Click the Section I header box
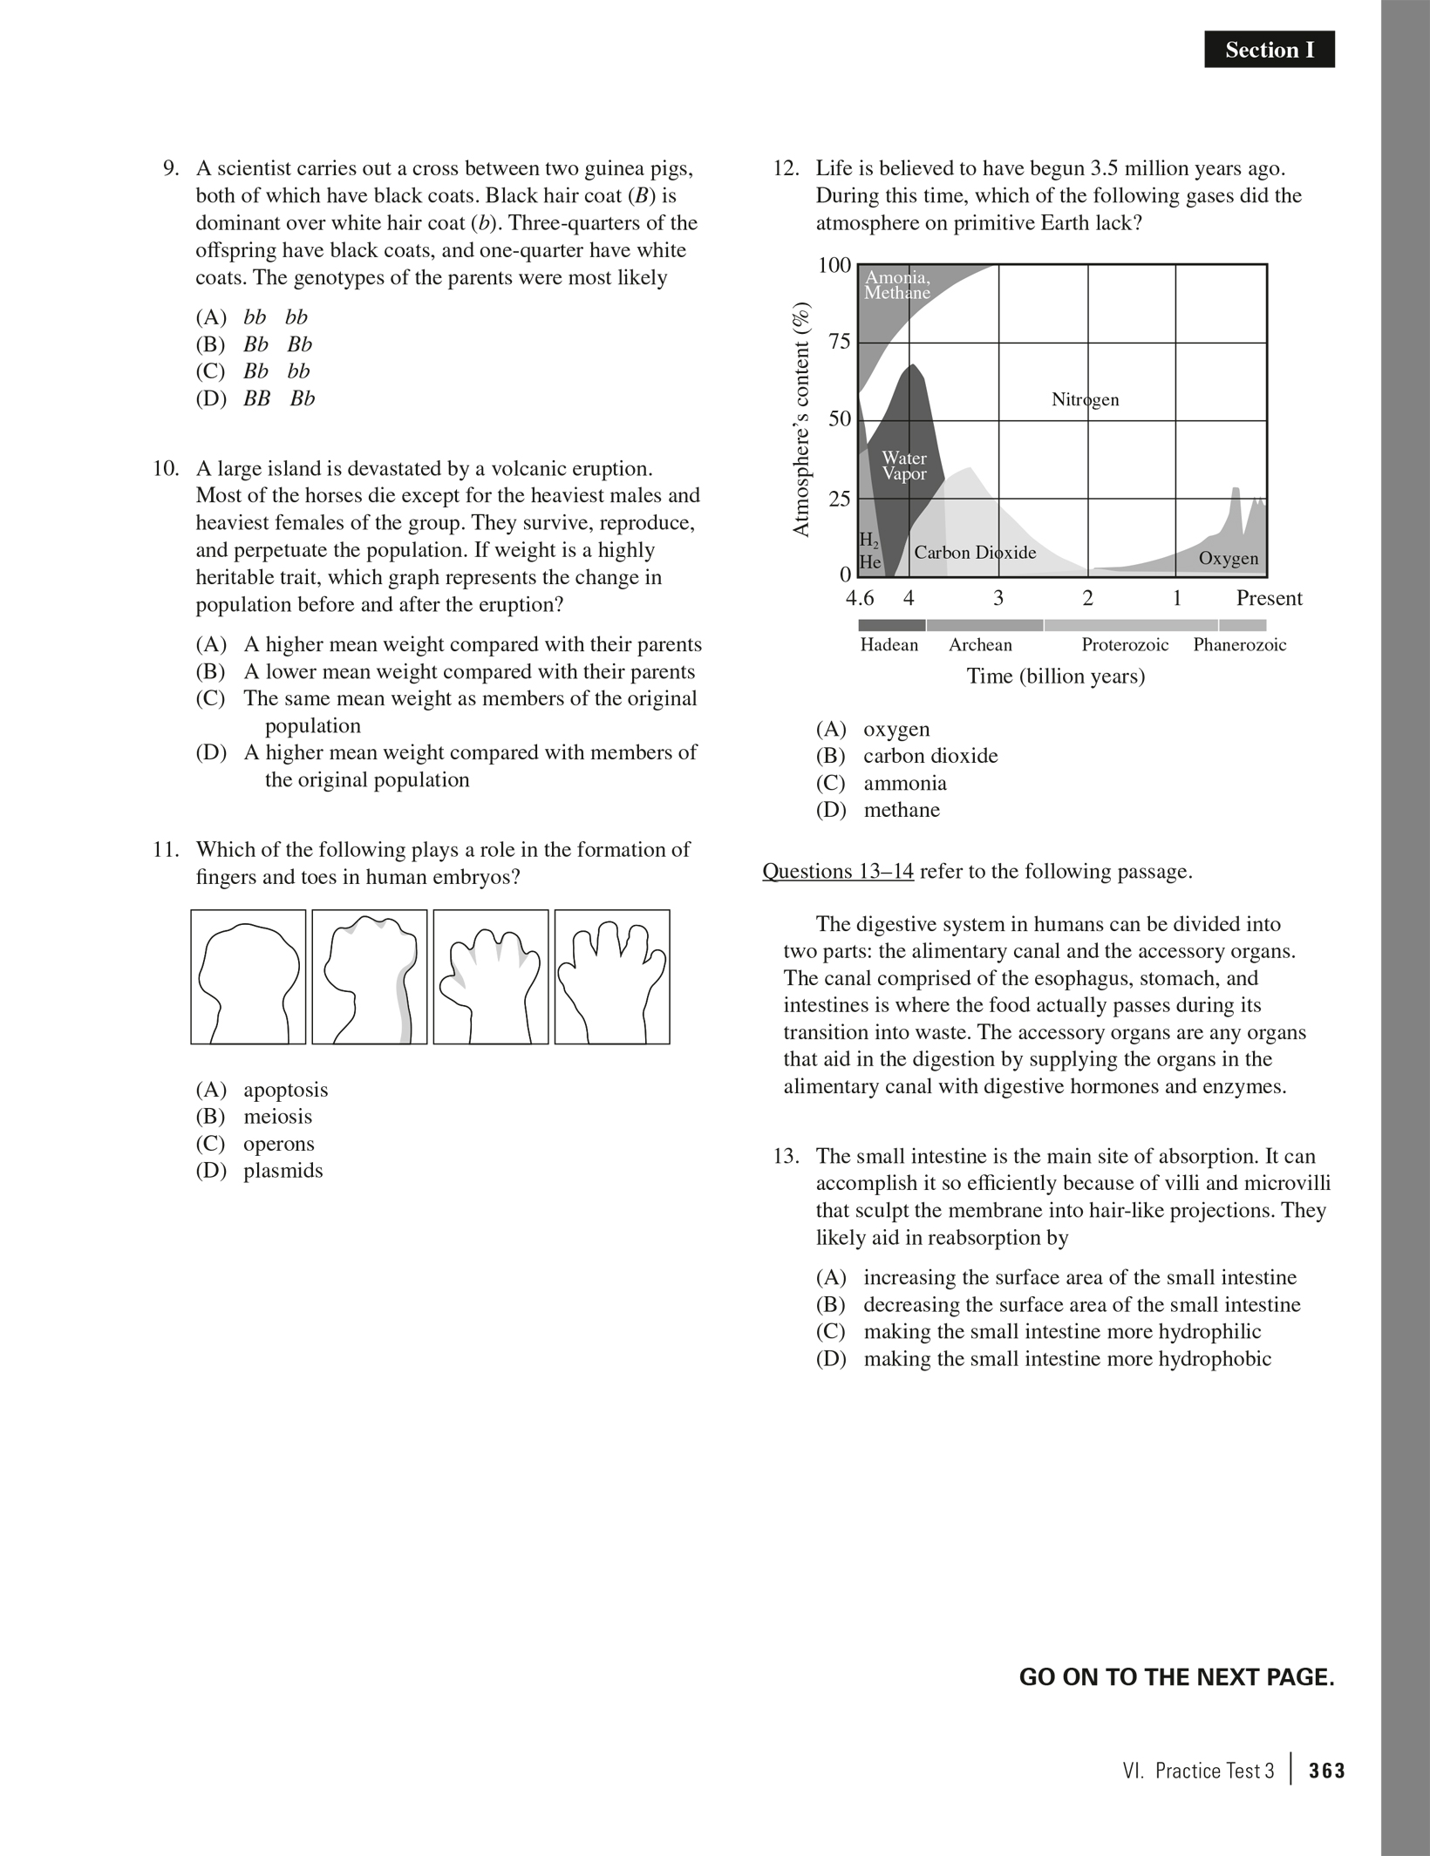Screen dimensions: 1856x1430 [x=1269, y=51]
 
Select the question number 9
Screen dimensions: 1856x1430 [x=171, y=168]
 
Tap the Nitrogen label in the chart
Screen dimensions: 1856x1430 [x=1085, y=400]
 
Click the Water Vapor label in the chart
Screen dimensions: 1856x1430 [x=904, y=466]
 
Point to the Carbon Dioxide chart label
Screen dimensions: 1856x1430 [x=975, y=553]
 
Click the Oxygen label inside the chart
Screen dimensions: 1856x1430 [x=1228, y=559]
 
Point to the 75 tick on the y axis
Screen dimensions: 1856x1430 [x=839, y=342]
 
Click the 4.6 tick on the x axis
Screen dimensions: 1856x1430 [x=860, y=598]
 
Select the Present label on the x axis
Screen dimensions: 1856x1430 [x=1269, y=598]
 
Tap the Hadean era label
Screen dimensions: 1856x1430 [x=889, y=645]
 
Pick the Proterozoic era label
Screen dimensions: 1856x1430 [x=1125, y=645]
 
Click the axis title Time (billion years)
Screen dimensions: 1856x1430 [x=1055, y=676]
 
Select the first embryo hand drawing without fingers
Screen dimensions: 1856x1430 [x=249, y=977]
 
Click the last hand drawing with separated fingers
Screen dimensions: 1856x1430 [x=612, y=977]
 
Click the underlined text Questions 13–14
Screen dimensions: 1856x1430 [x=838, y=872]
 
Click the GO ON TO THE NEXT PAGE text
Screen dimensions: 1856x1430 [x=1176, y=1677]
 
